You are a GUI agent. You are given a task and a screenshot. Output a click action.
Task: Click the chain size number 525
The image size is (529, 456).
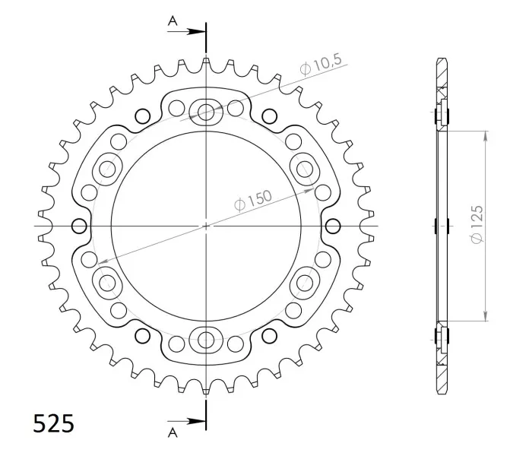point(53,423)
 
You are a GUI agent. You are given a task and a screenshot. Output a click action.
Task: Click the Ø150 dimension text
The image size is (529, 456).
point(252,201)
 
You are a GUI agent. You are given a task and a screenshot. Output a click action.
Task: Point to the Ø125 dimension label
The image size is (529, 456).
point(477,224)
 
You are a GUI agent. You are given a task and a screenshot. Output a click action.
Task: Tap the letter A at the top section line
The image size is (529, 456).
point(173,21)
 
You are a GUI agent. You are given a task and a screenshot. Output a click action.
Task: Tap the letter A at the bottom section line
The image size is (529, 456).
point(173,432)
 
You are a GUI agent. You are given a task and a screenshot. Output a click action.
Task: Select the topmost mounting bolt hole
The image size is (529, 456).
point(205,112)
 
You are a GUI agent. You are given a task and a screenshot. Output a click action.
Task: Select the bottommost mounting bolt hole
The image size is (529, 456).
point(205,340)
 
